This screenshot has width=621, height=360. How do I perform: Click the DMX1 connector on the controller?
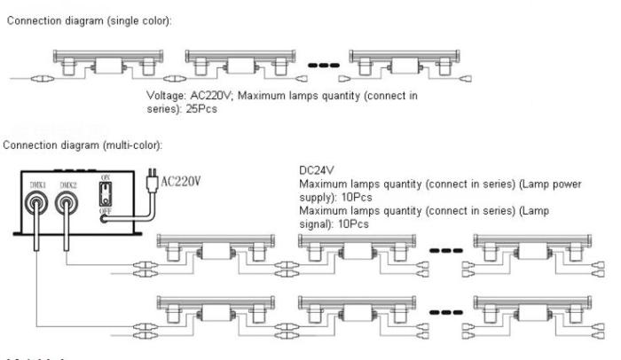coord(35,206)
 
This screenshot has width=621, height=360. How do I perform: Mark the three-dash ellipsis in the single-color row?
coord(323,66)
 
